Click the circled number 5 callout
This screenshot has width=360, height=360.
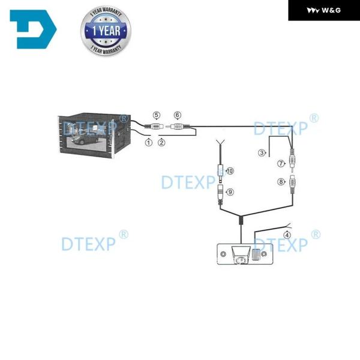tap(157, 115)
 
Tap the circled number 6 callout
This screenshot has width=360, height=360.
tap(178, 115)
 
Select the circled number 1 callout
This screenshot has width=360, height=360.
tap(149, 143)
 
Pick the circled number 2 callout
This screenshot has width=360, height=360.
tap(161, 143)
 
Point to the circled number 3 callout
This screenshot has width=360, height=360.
tap(262, 152)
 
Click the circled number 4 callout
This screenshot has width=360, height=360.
tap(287, 235)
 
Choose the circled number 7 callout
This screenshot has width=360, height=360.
tap(281, 163)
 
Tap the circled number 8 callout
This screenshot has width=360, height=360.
tap(281, 182)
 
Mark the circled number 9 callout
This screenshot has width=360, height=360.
tap(230, 192)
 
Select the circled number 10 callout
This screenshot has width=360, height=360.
tap(230, 171)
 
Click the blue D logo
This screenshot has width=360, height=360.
tap(33, 29)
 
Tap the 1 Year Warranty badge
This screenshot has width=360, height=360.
tap(106, 31)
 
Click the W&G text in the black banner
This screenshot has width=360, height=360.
tap(331, 10)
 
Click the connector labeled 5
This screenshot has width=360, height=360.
tap(154, 126)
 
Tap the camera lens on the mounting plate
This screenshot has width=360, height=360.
tap(241, 260)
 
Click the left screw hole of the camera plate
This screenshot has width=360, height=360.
tap(223, 254)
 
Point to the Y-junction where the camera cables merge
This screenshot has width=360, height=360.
tap(241, 218)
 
